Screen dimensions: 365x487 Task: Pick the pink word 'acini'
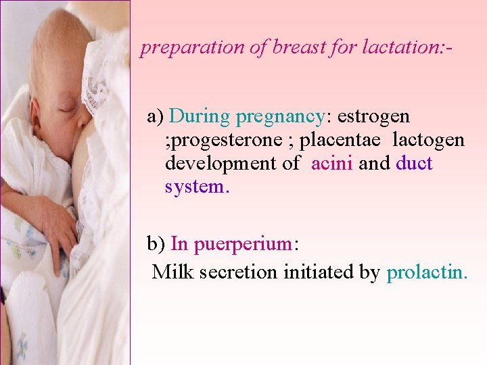(332, 164)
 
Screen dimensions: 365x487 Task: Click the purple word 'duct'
(414, 164)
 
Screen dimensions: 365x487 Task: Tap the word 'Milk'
(171, 272)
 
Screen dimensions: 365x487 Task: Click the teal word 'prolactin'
(425, 272)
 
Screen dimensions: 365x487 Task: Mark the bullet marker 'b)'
(157, 244)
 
